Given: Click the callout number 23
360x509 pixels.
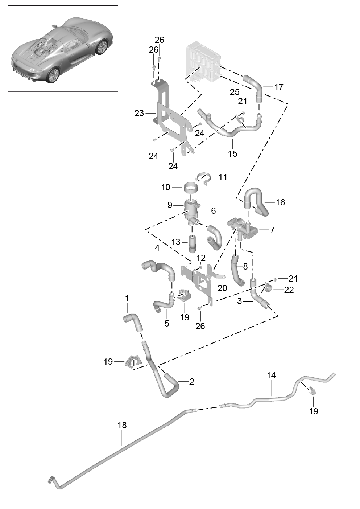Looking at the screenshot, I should [139, 114].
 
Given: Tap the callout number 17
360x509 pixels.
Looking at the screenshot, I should [279, 87].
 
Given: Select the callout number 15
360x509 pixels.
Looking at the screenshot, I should [233, 154].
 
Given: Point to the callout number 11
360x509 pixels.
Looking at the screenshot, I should [223, 177].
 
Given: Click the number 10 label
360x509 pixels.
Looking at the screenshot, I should [166, 187].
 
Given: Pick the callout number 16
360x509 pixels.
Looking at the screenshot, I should [280, 202].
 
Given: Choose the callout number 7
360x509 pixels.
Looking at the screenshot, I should [272, 230].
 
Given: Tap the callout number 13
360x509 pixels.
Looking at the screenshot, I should [176, 242].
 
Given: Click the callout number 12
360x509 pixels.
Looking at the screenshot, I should [201, 258].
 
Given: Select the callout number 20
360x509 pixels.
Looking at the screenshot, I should [222, 288].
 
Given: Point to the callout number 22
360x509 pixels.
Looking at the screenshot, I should [289, 290].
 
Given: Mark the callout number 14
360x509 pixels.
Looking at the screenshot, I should [271, 375].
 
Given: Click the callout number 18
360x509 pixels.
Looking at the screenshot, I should [122, 425].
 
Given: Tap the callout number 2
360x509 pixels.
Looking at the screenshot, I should [192, 382].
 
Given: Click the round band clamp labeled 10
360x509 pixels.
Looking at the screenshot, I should [191, 189].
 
